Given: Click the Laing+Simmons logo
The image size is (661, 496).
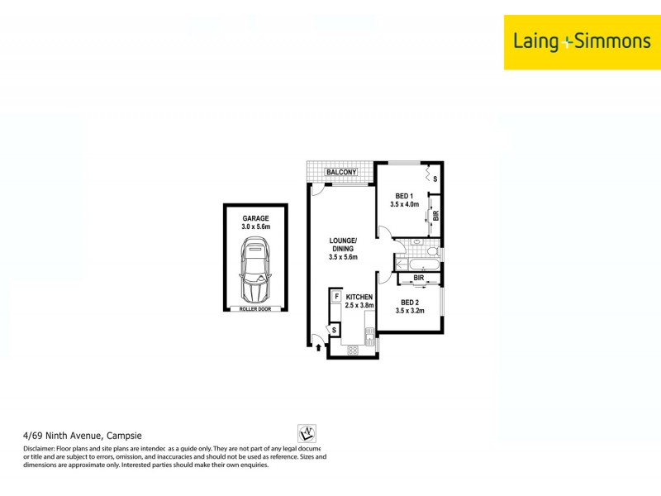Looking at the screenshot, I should tap(582, 41).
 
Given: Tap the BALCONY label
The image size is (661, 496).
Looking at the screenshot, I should tap(340, 172).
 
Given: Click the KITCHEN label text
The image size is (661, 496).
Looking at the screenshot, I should tap(359, 297).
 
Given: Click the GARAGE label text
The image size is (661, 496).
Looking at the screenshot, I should tap(255, 218).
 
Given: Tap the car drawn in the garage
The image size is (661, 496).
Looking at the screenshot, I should tap(255, 270).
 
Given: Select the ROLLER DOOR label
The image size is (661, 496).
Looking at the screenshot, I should tap(255, 309).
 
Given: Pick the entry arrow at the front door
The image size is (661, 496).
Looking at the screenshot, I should tap(318, 348).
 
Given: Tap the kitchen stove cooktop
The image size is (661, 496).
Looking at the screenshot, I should tap(353, 350).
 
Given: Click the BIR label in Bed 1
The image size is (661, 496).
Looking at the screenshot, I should tap(435, 217).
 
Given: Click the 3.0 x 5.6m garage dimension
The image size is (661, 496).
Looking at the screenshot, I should tap(255, 227).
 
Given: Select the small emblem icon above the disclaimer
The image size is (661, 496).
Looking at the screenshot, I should tap(306, 433).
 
